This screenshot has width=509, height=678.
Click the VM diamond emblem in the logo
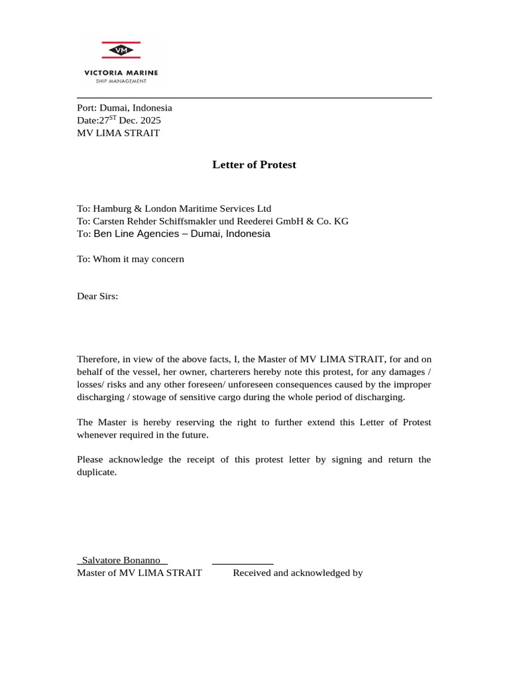point(121,50)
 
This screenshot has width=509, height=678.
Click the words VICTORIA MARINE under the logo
point(121,72)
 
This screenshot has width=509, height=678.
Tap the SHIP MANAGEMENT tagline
point(121,81)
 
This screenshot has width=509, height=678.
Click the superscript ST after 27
point(113,118)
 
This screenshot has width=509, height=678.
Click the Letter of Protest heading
point(254,165)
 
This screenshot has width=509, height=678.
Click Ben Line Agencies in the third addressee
point(136,234)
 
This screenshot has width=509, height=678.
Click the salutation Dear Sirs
point(97,296)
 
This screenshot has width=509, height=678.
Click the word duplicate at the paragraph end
point(96,472)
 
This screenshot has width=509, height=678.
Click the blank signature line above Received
point(243,562)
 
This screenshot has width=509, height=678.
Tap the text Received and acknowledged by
point(298,573)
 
